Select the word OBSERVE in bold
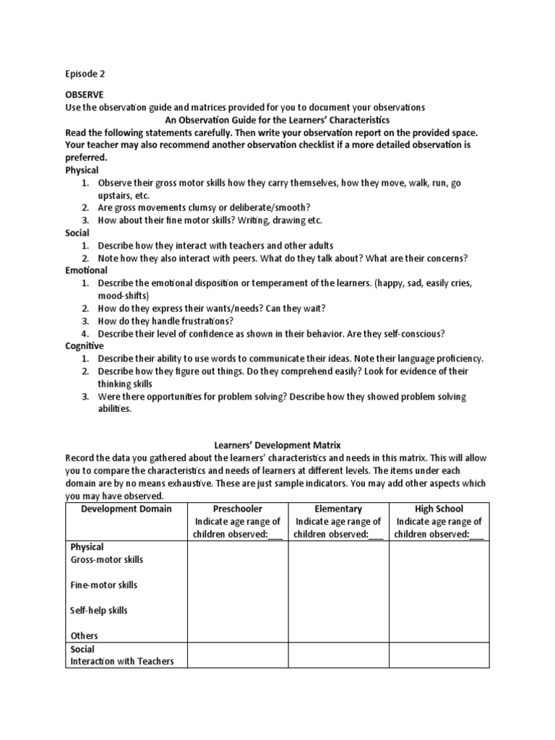click(85, 95)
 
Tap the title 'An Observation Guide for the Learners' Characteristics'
click(277, 120)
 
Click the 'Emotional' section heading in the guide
click(86, 270)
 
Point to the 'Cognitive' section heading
click(85, 346)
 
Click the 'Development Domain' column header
click(126, 509)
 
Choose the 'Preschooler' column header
click(238, 509)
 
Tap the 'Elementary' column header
click(338, 509)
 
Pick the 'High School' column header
click(439, 509)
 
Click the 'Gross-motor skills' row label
click(107, 560)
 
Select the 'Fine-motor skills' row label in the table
click(104, 585)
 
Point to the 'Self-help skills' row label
click(99, 611)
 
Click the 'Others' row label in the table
click(83, 636)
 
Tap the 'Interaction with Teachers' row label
click(122, 661)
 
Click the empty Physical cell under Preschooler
click(238, 592)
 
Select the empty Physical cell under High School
click(439, 592)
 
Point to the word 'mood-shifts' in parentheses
click(124, 296)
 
